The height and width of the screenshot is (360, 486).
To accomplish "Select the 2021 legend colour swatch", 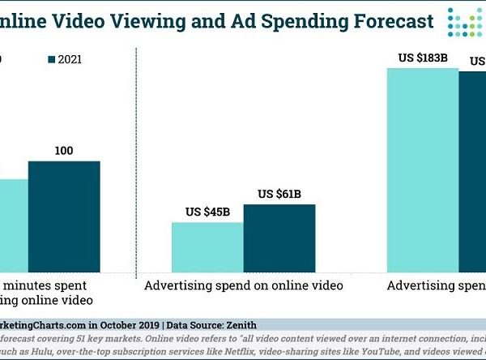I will coord(53,58).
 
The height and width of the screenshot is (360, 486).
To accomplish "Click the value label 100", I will coord(64,152).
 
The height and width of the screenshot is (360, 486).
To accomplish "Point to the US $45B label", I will coord(206,212).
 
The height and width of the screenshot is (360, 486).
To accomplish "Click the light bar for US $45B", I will coord(207,246).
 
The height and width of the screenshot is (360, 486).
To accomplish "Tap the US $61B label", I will coord(279,194).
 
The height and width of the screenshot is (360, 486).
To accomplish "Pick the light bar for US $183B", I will coord(422,170).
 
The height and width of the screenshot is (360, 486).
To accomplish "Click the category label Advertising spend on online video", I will coord(243,285).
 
